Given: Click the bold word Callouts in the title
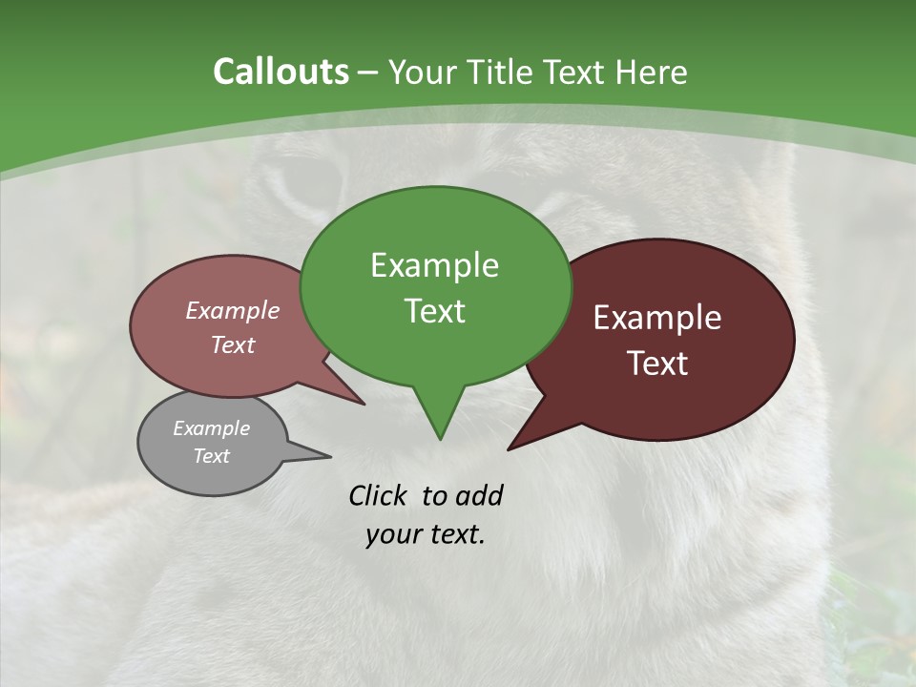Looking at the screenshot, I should pyautogui.click(x=281, y=72).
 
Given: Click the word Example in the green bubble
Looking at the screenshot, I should pyautogui.click(x=434, y=265).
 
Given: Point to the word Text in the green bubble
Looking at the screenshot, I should pyautogui.click(x=434, y=311).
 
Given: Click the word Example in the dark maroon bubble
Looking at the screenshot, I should pyautogui.click(x=657, y=318).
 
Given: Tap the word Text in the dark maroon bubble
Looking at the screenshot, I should pyautogui.click(x=657, y=364).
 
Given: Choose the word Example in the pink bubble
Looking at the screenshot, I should pyautogui.click(x=232, y=310).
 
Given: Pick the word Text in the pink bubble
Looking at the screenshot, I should pyautogui.click(x=232, y=344).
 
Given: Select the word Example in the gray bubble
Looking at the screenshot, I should pyautogui.click(x=211, y=428).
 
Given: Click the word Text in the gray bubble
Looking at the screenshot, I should pyautogui.click(x=211, y=456).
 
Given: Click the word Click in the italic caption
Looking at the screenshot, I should pyautogui.click(x=380, y=495).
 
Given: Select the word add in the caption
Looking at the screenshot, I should pyautogui.click(x=479, y=495).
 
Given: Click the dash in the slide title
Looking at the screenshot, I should pyautogui.click(x=368, y=73).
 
